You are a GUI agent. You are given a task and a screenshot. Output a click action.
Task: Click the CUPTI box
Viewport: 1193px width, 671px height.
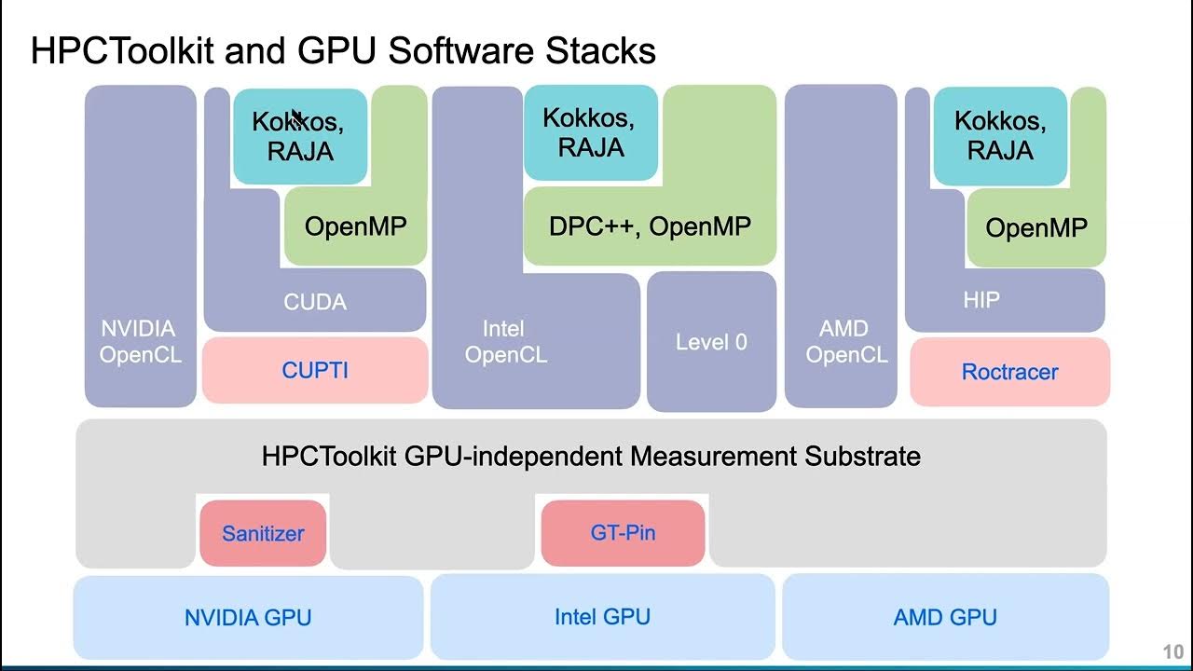[x=315, y=370]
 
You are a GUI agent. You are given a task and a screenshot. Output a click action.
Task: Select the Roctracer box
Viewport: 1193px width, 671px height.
[x=1009, y=372]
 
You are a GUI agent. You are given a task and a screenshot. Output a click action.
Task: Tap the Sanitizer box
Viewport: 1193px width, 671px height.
[x=263, y=534]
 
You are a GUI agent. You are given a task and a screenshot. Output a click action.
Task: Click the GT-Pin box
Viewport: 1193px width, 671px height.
[x=623, y=533]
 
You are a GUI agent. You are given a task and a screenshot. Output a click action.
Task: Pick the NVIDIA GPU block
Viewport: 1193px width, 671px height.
[x=248, y=617]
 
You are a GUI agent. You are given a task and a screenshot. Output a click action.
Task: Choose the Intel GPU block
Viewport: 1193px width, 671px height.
[x=602, y=617]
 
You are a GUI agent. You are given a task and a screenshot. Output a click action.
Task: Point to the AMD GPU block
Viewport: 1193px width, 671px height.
[x=945, y=617]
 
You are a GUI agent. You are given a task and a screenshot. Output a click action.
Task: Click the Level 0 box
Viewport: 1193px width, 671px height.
[x=711, y=342]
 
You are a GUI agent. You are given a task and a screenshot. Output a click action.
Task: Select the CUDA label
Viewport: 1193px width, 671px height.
[x=315, y=302]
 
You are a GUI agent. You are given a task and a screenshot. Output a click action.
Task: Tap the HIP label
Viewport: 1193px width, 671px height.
[x=980, y=300]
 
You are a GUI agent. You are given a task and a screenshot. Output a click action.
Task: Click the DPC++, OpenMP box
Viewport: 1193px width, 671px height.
[x=650, y=226]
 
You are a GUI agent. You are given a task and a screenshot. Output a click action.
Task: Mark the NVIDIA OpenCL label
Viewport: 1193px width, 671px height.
[x=140, y=342]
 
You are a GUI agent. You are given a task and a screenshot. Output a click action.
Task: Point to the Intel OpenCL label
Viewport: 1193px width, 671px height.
[x=505, y=342]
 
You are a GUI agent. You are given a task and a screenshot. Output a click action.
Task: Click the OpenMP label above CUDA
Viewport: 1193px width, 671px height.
[x=356, y=226]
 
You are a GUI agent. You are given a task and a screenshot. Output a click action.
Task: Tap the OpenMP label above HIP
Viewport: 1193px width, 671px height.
[x=1036, y=228]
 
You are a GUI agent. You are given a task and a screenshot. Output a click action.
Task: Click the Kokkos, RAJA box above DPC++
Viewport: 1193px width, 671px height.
[x=590, y=132]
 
